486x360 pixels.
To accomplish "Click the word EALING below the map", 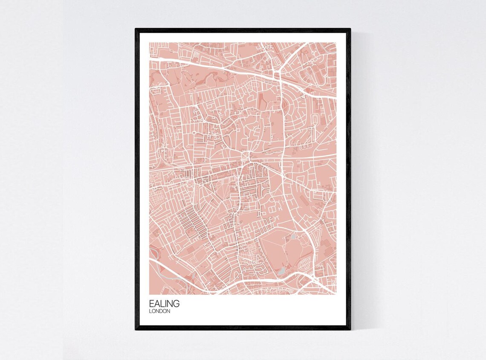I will tap(164, 304).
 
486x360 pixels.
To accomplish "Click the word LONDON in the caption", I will tap(160, 311).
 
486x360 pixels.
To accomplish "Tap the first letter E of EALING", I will tap(151, 304).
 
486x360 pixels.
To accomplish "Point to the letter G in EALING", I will tap(176, 304).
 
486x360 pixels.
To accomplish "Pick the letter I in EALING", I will tap(165, 304).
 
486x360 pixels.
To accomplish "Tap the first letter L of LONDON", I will tap(150, 311).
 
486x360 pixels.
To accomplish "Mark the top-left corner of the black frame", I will tap(136, 29).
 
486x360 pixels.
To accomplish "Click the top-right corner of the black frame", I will tap(350, 29).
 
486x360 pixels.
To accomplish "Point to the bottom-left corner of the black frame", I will tap(136, 330).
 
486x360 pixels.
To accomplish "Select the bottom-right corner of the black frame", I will tap(350, 330).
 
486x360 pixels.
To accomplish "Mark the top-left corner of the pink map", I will tap(150, 43).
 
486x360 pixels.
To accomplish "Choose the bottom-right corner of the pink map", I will tap(336, 294).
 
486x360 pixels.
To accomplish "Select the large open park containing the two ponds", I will tap(281, 252).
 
